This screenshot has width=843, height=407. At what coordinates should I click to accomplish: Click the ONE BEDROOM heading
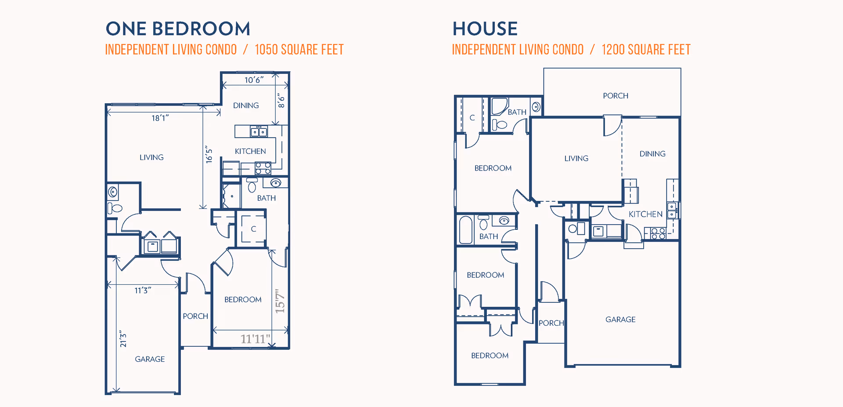pyautogui.click(x=178, y=29)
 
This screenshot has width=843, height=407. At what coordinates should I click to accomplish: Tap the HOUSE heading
pyautogui.click(x=485, y=29)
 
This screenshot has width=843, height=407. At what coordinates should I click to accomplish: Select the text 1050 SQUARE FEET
pyautogui.click(x=299, y=50)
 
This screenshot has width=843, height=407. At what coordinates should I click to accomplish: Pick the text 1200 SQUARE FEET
pyautogui.click(x=646, y=50)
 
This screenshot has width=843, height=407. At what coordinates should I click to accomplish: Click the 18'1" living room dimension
pyautogui.click(x=160, y=118)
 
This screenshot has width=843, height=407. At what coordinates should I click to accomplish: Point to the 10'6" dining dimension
pyautogui.click(x=254, y=80)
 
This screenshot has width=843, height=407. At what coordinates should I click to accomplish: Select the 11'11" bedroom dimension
pyautogui.click(x=255, y=339)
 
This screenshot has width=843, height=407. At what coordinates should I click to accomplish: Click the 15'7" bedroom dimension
pyautogui.click(x=280, y=301)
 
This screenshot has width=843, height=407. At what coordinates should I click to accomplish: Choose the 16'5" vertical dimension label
pyautogui.click(x=209, y=154)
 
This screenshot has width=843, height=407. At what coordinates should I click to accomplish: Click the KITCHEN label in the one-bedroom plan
pyautogui.click(x=250, y=151)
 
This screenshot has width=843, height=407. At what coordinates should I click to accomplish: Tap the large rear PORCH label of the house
pyautogui.click(x=616, y=96)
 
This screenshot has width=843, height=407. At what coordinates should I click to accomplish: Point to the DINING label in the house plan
pyautogui.click(x=652, y=154)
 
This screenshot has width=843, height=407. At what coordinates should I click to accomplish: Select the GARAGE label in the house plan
pyautogui.click(x=620, y=320)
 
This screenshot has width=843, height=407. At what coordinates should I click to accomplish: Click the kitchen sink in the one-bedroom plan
pyautogui.click(x=259, y=131)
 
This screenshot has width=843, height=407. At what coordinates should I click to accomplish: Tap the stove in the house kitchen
pyautogui.click(x=658, y=233)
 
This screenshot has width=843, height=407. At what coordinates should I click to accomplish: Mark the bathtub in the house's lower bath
pyautogui.click(x=466, y=229)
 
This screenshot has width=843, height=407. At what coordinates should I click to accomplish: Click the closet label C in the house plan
pyautogui.click(x=472, y=118)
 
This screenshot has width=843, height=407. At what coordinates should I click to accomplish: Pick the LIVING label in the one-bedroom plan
pyautogui.click(x=151, y=157)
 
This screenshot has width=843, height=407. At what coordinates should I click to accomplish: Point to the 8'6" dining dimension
pyautogui.click(x=281, y=102)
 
